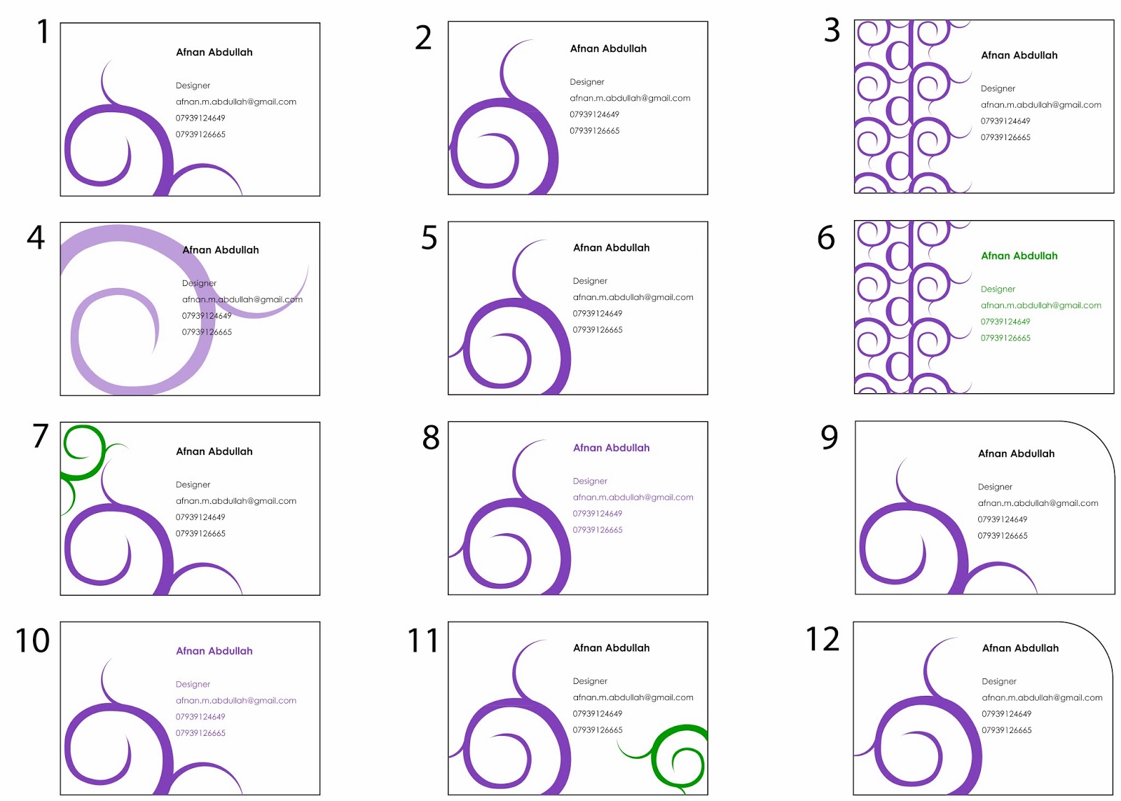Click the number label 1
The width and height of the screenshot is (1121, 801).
[x=43, y=32]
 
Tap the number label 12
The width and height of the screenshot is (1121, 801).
[x=823, y=640]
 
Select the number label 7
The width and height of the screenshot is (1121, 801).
[x=41, y=436]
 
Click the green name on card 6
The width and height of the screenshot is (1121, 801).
[x=1019, y=256]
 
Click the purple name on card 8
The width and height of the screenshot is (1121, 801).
[x=611, y=448]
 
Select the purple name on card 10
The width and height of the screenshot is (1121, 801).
[x=214, y=651]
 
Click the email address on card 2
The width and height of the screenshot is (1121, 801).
[x=630, y=98]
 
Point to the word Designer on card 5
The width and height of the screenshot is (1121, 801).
[x=590, y=281]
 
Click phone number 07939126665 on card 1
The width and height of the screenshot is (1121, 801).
[x=200, y=135]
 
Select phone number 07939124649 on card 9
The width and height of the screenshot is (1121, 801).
[x=1003, y=519]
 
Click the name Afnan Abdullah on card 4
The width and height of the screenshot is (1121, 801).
[x=221, y=250]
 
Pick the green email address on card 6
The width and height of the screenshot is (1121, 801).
[x=1040, y=306]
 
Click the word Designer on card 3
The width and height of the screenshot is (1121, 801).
[x=998, y=89]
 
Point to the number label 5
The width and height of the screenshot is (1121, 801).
[x=429, y=238]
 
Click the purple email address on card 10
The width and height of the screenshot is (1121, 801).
[x=235, y=701]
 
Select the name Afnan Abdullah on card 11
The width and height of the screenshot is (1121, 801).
[x=611, y=648]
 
